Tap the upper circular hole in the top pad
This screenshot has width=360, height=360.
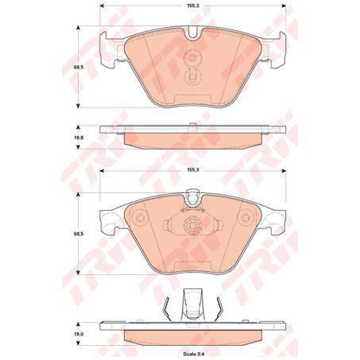coord(192,56)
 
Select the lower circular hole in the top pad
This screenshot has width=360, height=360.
coord(192,77)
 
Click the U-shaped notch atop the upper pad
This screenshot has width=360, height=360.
coord(192,34)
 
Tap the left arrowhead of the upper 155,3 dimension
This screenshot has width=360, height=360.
coord(103,14)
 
